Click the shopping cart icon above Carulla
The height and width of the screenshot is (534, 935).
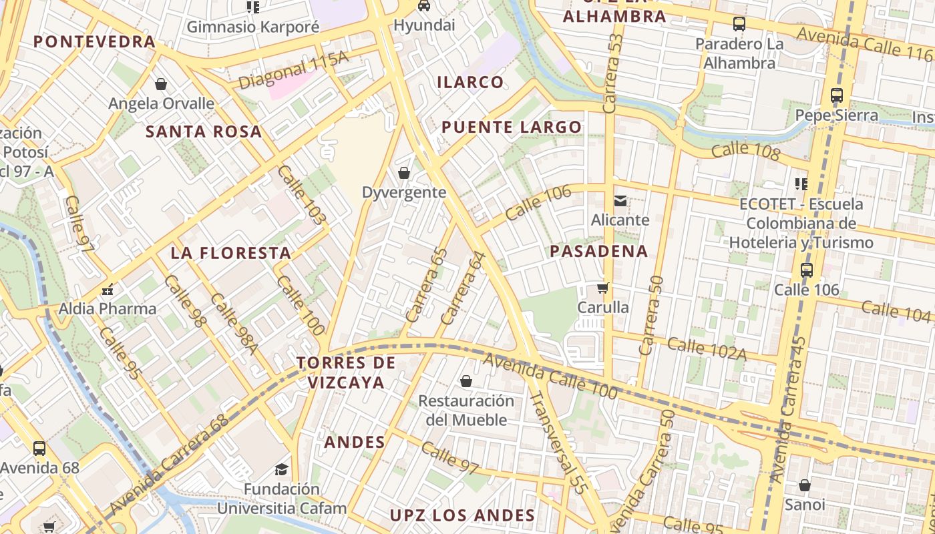[x=602, y=288]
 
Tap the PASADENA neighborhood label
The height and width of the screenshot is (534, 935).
[x=599, y=252]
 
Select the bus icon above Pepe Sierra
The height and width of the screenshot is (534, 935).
[x=837, y=95]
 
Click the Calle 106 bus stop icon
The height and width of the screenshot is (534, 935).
[x=807, y=270]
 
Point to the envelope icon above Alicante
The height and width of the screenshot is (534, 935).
[x=620, y=200]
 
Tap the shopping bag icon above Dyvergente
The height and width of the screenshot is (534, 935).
[x=403, y=174]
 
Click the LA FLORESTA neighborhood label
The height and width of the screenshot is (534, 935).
[x=230, y=253]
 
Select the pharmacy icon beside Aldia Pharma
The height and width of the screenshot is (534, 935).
[x=107, y=290]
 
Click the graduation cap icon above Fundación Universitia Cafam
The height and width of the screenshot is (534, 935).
[x=281, y=469]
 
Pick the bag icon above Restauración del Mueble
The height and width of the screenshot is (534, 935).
[x=466, y=381]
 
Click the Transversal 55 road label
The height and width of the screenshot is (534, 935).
[x=558, y=443]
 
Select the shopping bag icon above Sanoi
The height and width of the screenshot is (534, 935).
[x=805, y=485]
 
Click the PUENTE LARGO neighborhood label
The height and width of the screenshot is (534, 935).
[x=512, y=127]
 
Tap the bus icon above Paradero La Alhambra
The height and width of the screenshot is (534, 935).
[x=739, y=24]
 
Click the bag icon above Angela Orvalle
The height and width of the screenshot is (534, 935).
[x=160, y=84]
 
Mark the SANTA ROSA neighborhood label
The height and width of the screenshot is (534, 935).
[x=204, y=131]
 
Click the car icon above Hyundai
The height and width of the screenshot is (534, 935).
[x=423, y=6]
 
